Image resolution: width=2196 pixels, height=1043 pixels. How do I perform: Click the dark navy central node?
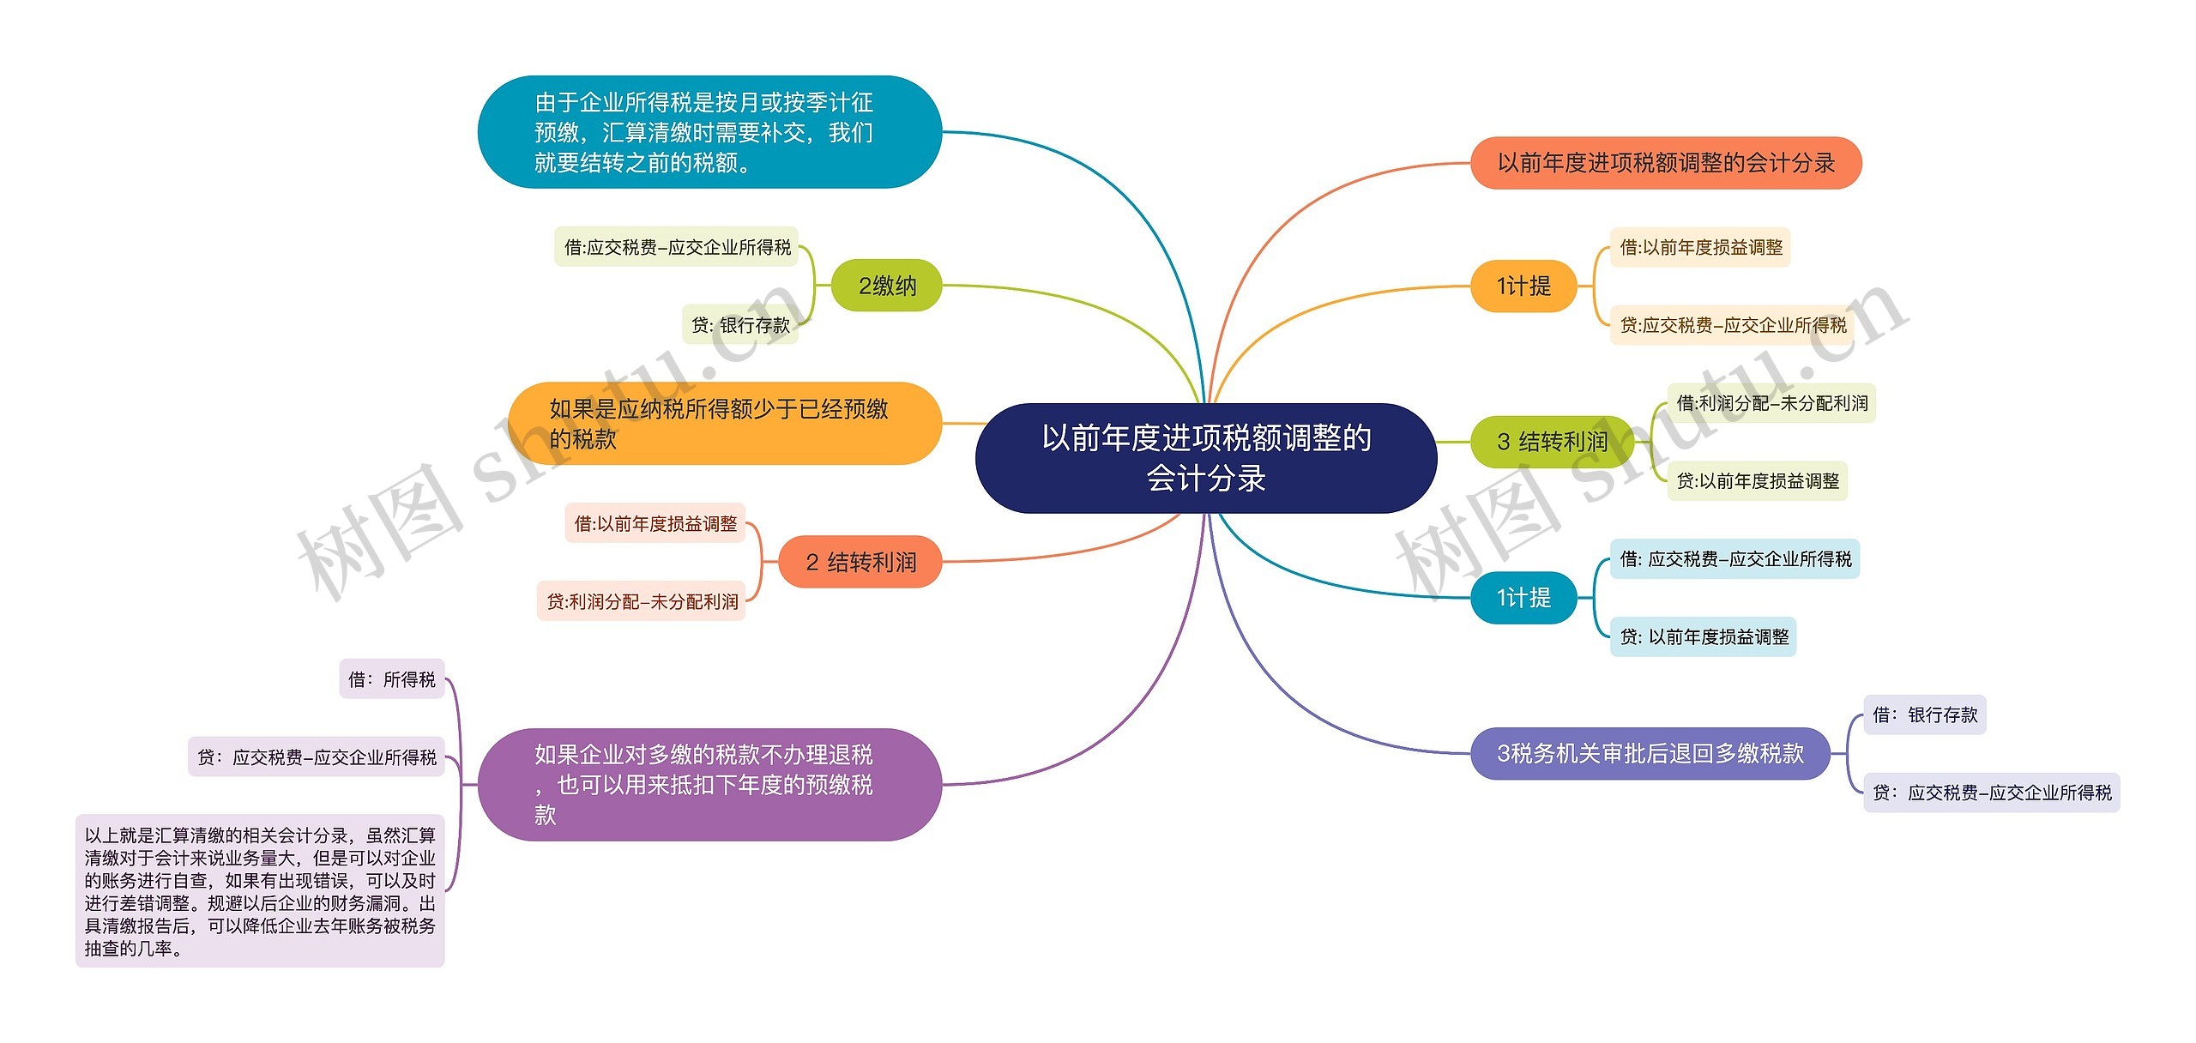click(x=1206, y=458)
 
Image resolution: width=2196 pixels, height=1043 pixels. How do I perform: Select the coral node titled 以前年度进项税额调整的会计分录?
click(x=1665, y=163)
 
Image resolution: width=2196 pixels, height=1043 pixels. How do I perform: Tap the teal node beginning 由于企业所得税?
click(x=709, y=132)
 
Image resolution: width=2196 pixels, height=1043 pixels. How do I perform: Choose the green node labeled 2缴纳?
click(x=886, y=286)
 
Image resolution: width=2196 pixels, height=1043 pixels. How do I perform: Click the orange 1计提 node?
click(x=1523, y=286)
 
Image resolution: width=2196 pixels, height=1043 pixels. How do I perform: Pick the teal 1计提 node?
click(x=1523, y=598)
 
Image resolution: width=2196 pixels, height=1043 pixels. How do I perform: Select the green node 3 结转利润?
click(x=1552, y=442)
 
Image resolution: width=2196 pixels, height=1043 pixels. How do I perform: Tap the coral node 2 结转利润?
click(x=860, y=563)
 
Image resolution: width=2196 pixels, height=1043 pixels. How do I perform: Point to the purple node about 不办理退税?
click(x=709, y=785)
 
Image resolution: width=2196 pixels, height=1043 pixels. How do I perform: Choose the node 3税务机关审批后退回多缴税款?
click(x=1650, y=754)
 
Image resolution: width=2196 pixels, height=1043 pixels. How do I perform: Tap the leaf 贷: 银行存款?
click(x=740, y=325)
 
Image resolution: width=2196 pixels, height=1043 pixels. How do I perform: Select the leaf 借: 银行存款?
click(x=1925, y=714)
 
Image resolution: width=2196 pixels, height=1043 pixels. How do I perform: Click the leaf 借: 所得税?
click(x=392, y=679)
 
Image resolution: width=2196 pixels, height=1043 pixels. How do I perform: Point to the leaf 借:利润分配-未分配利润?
click(x=1771, y=403)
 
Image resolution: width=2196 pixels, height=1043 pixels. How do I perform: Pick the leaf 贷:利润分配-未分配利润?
click(x=642, y=602)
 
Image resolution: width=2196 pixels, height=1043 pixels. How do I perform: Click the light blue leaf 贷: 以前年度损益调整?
click(x=1703, y=637)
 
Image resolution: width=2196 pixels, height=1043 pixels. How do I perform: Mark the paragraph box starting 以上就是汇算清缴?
click(x=260, y=891)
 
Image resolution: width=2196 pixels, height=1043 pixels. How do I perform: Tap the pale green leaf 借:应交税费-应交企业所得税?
click(x=677, y=247)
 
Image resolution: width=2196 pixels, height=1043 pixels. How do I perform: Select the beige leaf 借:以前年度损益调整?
click(x=1700, y=247)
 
